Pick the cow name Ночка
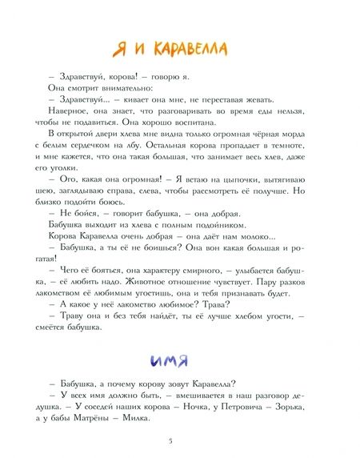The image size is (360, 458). click(x=183, y=396)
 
